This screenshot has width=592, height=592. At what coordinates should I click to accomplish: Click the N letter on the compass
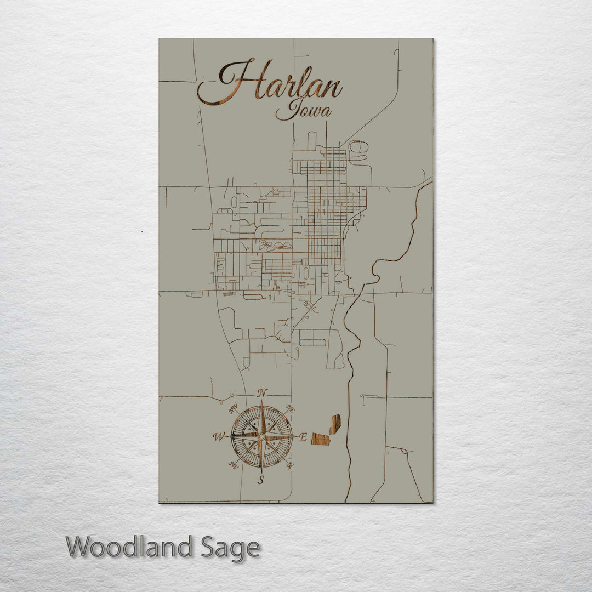click(x=263, y=392)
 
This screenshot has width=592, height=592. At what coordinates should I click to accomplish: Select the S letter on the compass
click(x=261, y=481)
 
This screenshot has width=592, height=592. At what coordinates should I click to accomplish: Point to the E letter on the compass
click(x=303, y=437)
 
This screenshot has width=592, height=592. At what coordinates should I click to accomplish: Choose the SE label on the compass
click(x=290, y=465)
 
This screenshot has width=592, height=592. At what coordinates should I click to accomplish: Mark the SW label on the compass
click(x=233, y=465)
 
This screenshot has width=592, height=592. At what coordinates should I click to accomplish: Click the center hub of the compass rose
click(x=261, y=436)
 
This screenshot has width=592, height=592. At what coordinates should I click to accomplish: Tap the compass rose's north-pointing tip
click(x=262, y=403)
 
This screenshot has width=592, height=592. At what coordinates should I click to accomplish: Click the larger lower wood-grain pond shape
click(x=321, y=439)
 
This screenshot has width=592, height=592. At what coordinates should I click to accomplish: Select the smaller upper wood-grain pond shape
click(x=334, y=423)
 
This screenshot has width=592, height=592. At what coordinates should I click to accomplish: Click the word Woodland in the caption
click(x=129, y=547)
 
